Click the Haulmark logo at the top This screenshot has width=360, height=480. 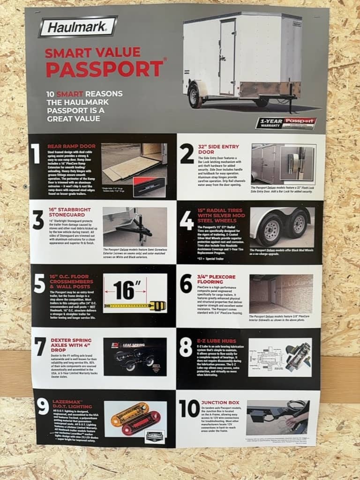click(78, 27)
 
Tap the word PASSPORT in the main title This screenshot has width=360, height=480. click(104, 68)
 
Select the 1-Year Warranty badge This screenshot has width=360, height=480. click(286, 123)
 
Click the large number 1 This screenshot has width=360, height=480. click(36, 154)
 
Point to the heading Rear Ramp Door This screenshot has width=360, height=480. click(71, 146)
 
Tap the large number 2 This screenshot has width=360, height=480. click(187, 154)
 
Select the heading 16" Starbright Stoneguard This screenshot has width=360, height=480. click(70, 214)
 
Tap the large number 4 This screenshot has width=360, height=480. click(187, 220)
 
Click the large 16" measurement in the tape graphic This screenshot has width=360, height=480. click(124, 291)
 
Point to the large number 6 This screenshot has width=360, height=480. click(186, 284)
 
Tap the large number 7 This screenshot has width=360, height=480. click(40, 346)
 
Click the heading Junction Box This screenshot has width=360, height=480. click(220, 402)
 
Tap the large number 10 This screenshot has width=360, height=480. click(189, 408)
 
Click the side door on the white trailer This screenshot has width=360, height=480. click(227, 57)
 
